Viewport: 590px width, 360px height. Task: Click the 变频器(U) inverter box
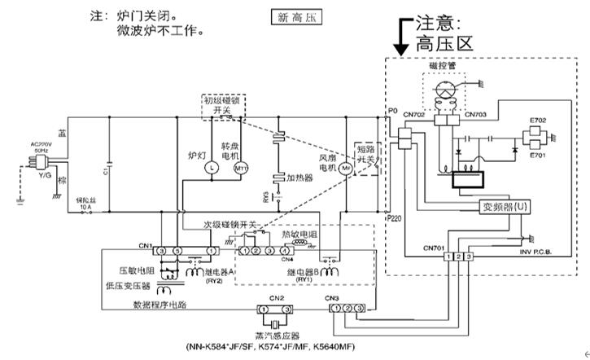point(505,207)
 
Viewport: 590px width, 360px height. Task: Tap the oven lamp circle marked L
point(207,167)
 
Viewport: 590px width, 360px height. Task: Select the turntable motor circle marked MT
point(241,167)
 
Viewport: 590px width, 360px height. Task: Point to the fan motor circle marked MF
point(346,167)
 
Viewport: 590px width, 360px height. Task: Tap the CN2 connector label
point(277,298)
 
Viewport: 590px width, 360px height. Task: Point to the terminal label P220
point(394,219)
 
